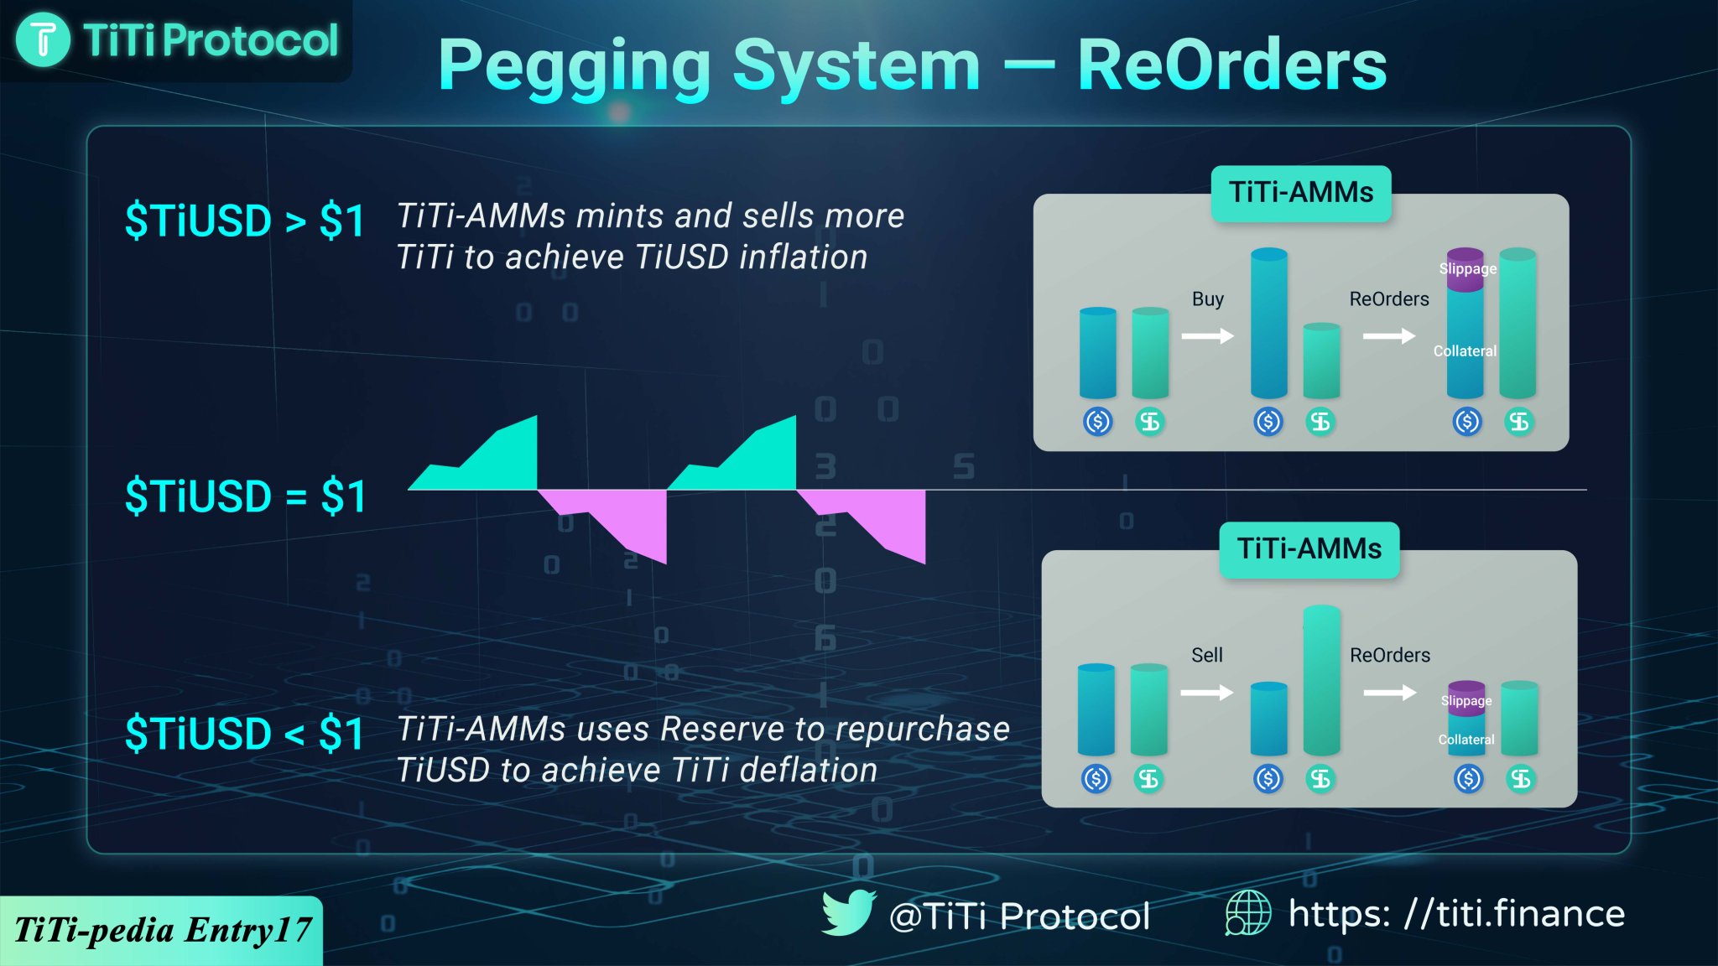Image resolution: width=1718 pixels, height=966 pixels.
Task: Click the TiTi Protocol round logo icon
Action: [x=43, y=40]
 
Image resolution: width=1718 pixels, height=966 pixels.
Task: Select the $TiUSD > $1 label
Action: [x=244, y=221]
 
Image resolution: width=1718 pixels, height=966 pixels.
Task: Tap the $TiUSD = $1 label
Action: [x=244, y=496]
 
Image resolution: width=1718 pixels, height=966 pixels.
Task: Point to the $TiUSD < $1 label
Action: [x=244, y=734]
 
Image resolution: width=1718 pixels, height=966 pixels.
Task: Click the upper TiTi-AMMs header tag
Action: [x=1300, y=193]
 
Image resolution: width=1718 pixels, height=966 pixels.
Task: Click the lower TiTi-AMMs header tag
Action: [x=1309, y=549]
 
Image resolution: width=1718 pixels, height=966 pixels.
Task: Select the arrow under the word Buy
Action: [x=1207, y=336]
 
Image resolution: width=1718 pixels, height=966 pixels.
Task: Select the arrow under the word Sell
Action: [x=1206, y=693]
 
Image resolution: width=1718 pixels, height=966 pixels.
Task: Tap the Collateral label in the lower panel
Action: [x=1466, y=740]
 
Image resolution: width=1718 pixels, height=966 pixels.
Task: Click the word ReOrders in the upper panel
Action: [x=1388, y=299]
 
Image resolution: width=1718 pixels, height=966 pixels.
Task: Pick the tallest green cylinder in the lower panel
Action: [x=1321, y=679]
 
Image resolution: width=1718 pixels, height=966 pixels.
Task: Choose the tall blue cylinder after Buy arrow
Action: [x=1268, y=323]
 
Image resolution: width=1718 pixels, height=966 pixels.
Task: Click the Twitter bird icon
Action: [x=848, y=912]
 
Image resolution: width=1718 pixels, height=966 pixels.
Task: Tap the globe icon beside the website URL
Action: [x=1247, y=912]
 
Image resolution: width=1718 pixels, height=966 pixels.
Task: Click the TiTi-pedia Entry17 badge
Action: [x=161, y=930]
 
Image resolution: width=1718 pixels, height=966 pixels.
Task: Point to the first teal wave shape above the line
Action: [x=495, y=461]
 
